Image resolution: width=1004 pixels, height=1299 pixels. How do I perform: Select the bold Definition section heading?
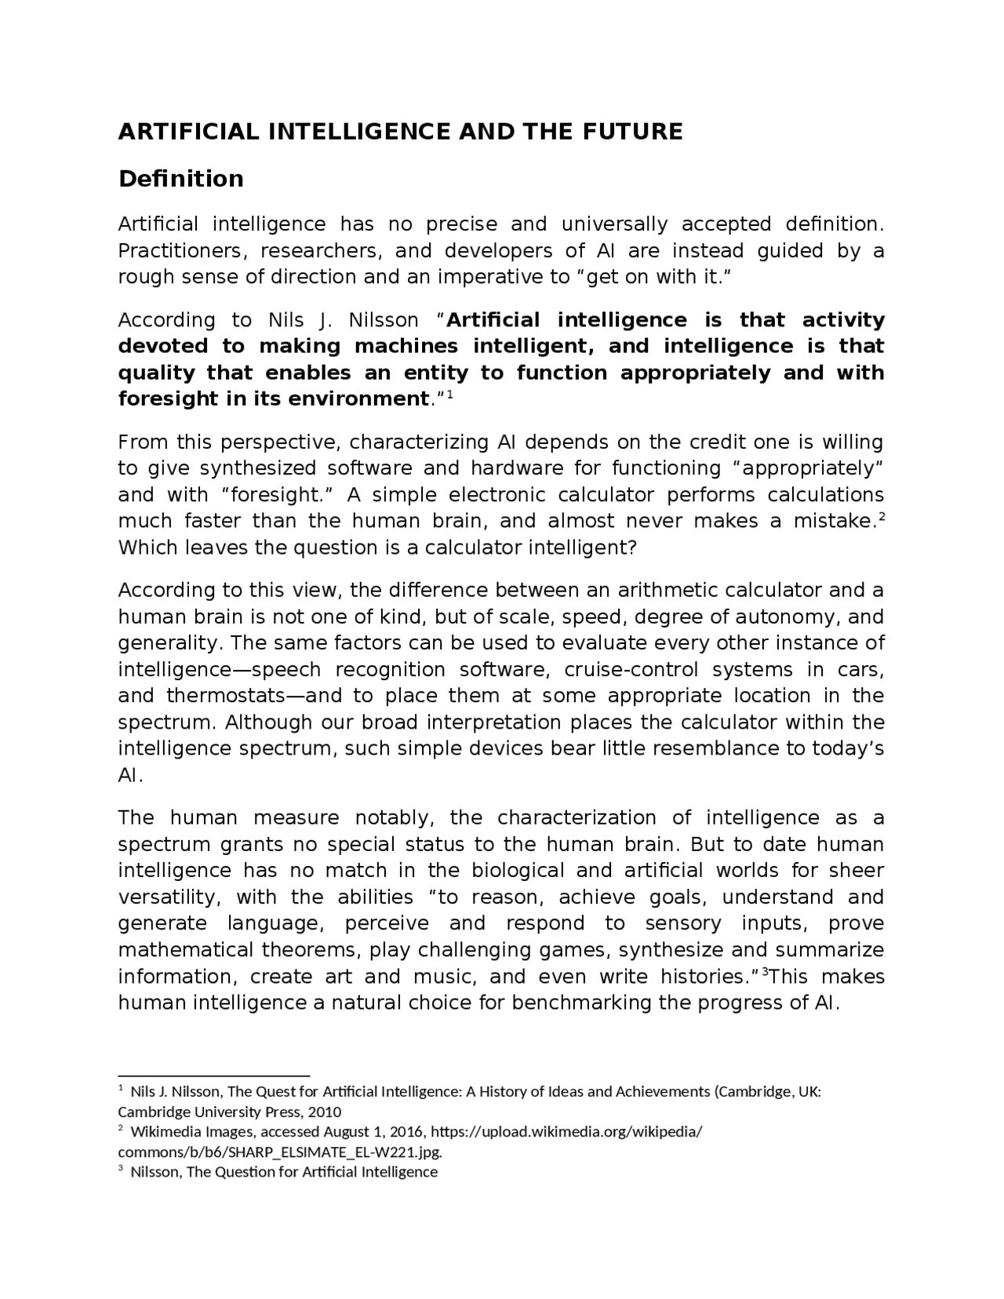click(x=180, y=179)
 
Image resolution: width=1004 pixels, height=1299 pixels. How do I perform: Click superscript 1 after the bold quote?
click(x=451, y=395)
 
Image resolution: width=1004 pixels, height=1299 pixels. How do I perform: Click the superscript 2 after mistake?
click(x=881, y=517)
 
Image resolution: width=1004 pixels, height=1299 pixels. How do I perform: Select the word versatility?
click(x=169, y=897)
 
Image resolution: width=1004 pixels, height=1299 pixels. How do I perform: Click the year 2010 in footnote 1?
click(x=324, y=1112)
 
